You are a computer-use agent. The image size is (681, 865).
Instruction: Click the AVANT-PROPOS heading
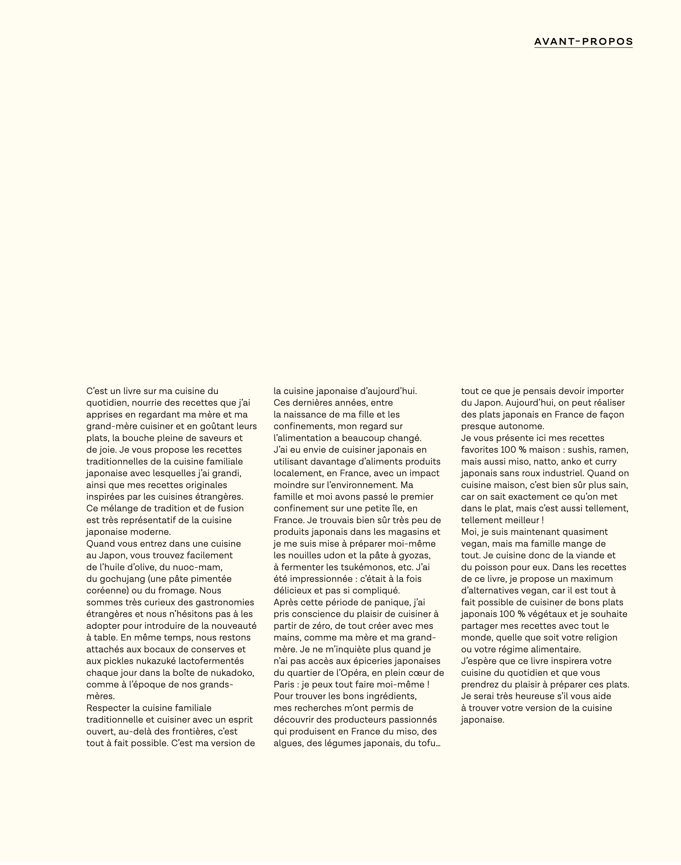583,42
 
